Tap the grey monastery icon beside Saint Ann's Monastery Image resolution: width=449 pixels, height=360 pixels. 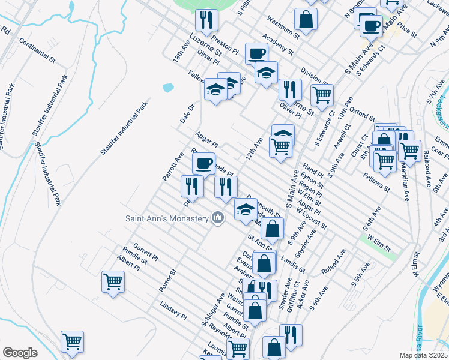218,218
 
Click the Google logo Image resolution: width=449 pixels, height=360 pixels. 20,352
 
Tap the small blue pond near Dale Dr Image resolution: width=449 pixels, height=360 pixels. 168,88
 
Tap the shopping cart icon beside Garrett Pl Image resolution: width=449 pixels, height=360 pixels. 113,281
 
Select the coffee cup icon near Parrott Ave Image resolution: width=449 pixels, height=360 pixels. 203,163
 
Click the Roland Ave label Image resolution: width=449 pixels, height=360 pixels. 333,262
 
